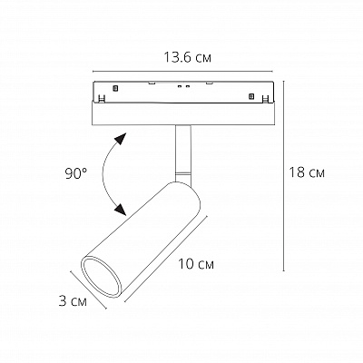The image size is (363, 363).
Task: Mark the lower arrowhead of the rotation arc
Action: (119, 209)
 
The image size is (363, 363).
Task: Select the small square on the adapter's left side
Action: (116, 89)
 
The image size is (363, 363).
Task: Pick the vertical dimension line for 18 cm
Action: (287, 172)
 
